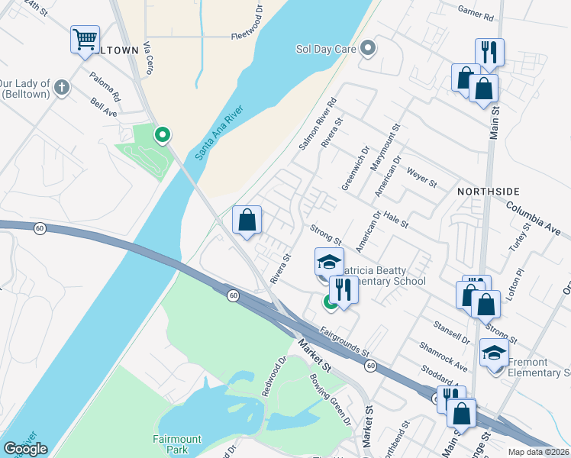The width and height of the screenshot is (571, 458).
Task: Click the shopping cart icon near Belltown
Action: [x=85, y=39]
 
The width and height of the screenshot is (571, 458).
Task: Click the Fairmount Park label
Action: [x=176, y=445]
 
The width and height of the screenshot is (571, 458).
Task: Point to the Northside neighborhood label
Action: [x=489, y=191]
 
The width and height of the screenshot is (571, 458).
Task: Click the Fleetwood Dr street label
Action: [x=247, y=35]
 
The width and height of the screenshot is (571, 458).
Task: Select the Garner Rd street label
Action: [x=476, y=13]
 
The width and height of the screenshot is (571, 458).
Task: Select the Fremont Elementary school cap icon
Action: [x=494, y=353]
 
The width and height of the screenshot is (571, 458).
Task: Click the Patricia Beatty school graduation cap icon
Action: [x=329, y=263]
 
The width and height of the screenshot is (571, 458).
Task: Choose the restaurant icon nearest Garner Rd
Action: [x=489, y=52]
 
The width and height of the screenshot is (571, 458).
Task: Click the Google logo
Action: [x=25, y=449]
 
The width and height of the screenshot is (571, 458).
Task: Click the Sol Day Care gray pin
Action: [x=369, y=49]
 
